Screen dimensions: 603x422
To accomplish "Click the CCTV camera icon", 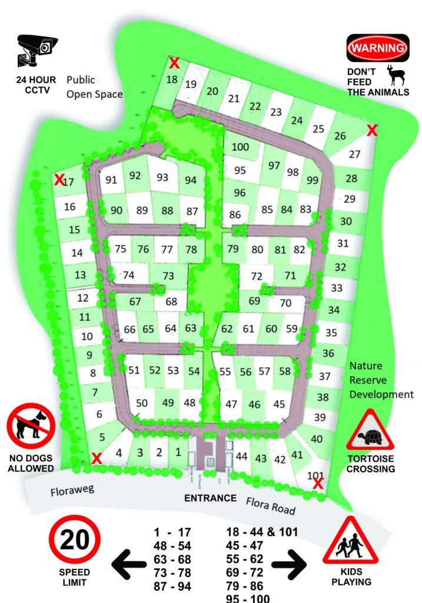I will pyautogui.click(x=36, y=49).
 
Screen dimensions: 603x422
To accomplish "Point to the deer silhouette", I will pyautogui.click(x=394, y=75).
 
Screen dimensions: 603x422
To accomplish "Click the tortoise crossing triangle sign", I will pyautogui.click(x=370, y=432).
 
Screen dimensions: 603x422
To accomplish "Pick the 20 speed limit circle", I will pyautogui.click(x=75, y=541).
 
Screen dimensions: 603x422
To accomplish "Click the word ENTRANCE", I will pyautogui.click(x=211, y=498).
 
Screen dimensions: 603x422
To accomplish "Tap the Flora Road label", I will pyautogui.click(x=270, y=505).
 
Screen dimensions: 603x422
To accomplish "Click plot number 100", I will pyautogui.click(x=240, y=147).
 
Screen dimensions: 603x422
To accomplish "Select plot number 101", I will pyautogui.click(x=316, y=475).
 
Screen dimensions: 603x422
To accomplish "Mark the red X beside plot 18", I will pyautogui.click(x=174, y=63).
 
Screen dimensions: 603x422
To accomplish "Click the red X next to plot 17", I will pyautogui.click(x=59, y=180).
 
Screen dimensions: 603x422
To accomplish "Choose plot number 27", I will pyautogui.click(x=354, y=155).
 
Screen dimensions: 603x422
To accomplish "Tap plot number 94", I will pyautogui.click(x=191, y=180).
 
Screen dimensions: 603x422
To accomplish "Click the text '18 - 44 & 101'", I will pyautogui.click(x=262, y=532).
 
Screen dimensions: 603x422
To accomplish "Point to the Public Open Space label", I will pyautogui.click(x=94, y=87).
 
